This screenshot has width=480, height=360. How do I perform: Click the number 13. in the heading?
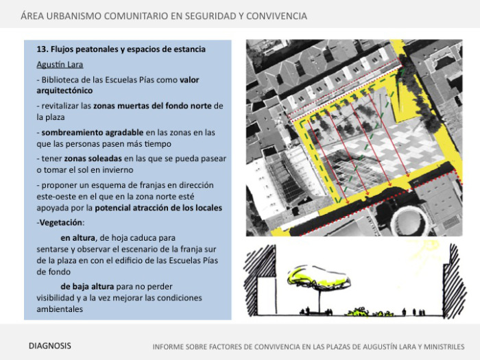coord(42,50)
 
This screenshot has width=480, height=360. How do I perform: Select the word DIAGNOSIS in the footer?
coord(49,346)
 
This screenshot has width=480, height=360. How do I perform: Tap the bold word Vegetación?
coord(60,223)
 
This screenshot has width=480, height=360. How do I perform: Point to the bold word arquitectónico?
coord(64,91)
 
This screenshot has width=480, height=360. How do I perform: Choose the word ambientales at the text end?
coord(60,309)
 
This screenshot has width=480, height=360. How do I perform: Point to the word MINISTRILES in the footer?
coord(436,346)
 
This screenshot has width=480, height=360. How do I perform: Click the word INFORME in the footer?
coord(171,346)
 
